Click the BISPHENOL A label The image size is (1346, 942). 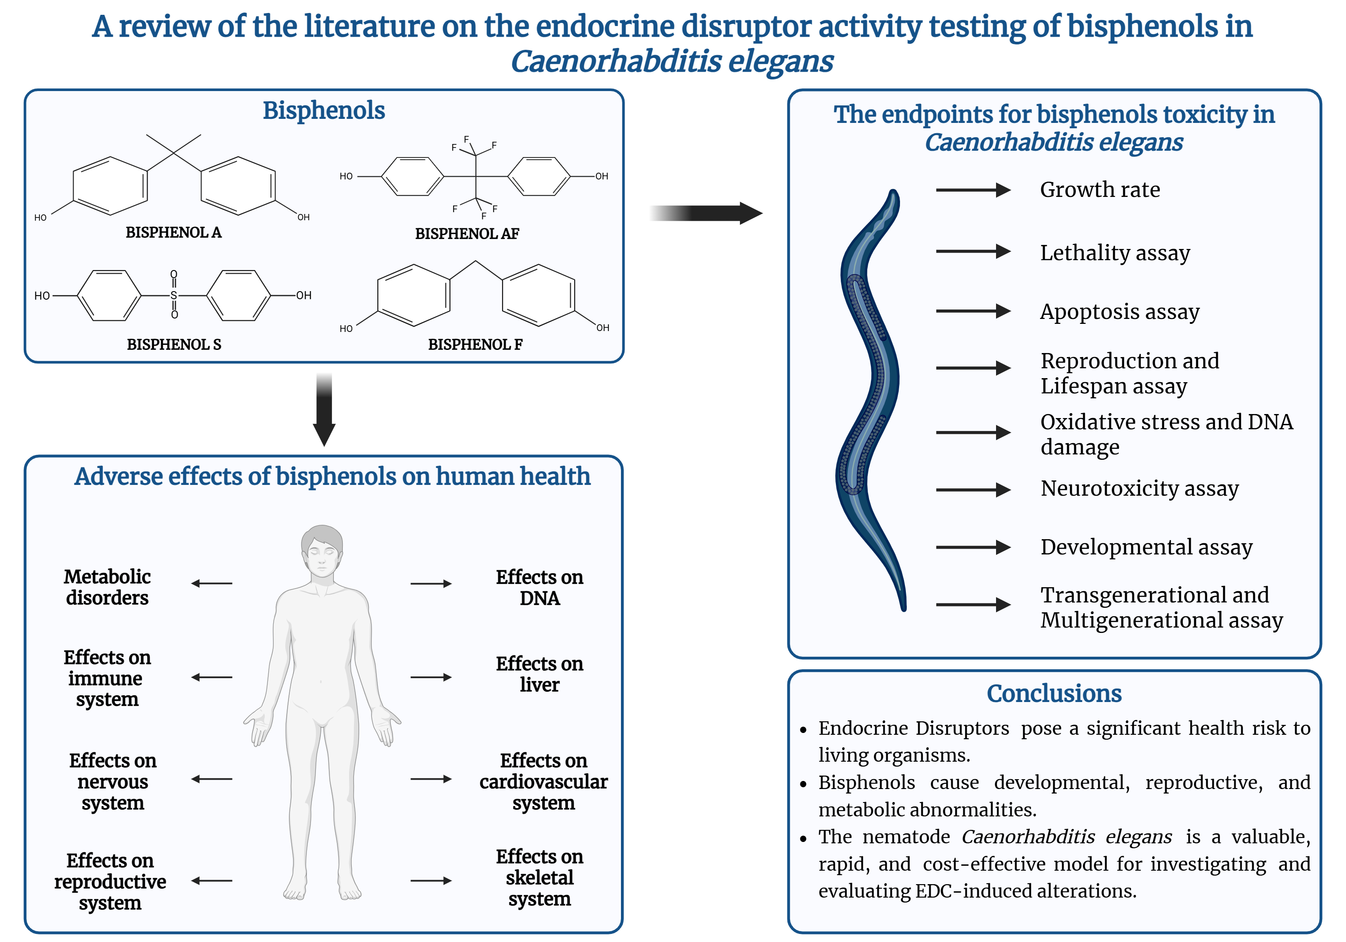[x=174, y=233]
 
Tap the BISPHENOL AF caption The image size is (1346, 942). [x=467, y=234]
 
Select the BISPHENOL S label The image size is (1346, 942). [x=174, y=345]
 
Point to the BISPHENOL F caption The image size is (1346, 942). [x=475, y=345]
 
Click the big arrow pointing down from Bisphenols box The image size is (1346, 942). [x=324, y=410]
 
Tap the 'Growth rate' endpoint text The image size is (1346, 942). [x=1100, y=190]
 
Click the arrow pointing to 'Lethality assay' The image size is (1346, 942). [x=973, y=252]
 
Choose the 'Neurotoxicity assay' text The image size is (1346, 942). [x=1140, y=488]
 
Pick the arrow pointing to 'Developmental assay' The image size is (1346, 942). [x=973, y=548]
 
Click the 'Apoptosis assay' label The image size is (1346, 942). [x=1120, y=312]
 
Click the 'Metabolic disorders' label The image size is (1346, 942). [x=107, y=587]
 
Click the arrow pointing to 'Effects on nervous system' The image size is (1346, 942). [x=212, y=779]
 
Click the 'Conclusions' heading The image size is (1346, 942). [x=1054, y=693]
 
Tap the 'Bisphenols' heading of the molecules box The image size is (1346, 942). [x=323, y=110]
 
